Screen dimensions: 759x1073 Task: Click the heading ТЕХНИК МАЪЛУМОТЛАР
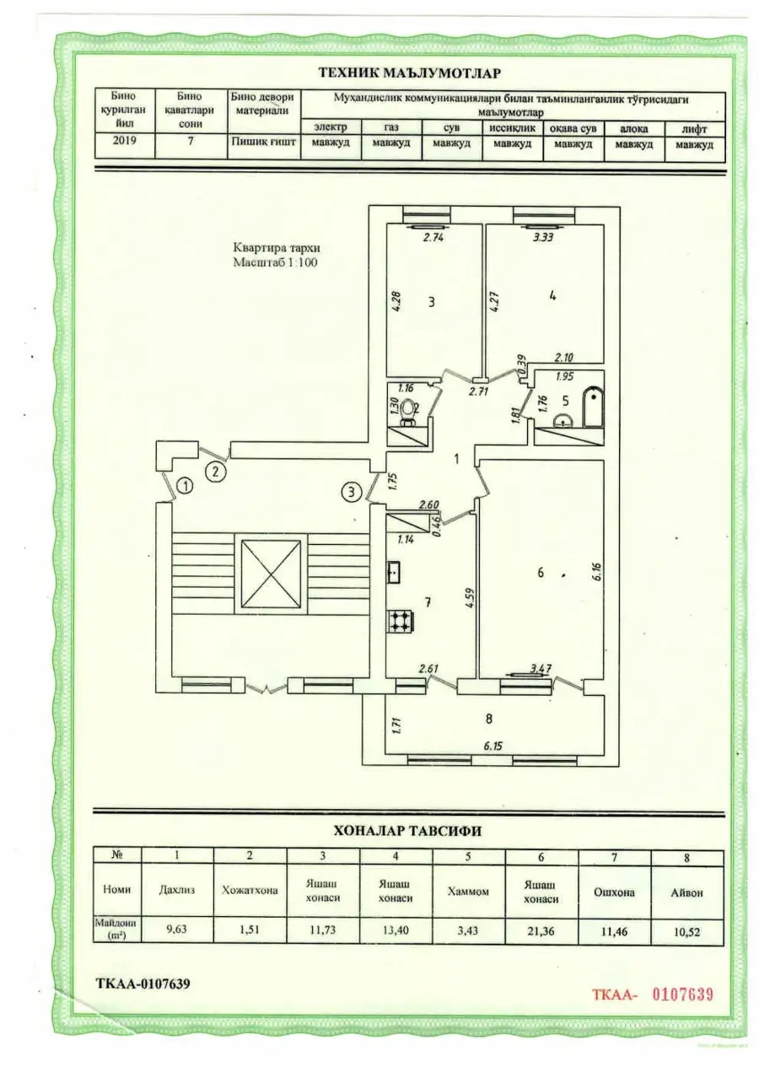(x=410, y=73)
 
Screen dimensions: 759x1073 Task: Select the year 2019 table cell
(x=125, y=140)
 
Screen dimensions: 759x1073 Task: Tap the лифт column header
(x=694, y=129)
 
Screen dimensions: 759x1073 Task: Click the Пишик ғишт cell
(x=263, y=142)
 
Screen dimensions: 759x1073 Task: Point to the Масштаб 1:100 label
(x=275, y=262)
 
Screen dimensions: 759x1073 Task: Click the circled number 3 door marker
(x=352, y=492)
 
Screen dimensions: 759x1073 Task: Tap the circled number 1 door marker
(x=185, y=487)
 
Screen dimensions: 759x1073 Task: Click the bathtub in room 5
(x=594, y=407)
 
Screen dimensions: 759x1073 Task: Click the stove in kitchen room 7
(x=400, y=622)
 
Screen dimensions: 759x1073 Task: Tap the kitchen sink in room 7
(x=394, y=572)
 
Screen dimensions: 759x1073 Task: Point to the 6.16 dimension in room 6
(x=597, y=573)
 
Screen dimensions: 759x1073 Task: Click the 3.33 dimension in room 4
(x=543, y=237)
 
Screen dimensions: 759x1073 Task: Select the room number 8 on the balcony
(x=489, y=718)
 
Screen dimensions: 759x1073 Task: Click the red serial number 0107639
(x=683, y=994)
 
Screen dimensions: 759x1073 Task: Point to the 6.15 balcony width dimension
(x=493, y=747)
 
